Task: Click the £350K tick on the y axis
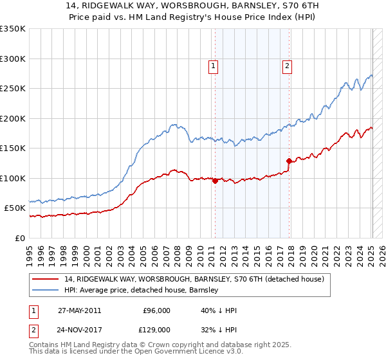click(13, 29)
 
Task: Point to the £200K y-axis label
click(13, 118)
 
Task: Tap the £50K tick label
click(15, 208)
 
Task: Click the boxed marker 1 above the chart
click(213, 65)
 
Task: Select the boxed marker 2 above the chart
click(287, 65)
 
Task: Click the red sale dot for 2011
click(215, 181)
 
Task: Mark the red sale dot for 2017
click(289, 161)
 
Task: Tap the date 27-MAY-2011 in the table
click(79, 310)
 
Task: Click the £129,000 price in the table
click(156, 329)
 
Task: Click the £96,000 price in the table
click(156, 310)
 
